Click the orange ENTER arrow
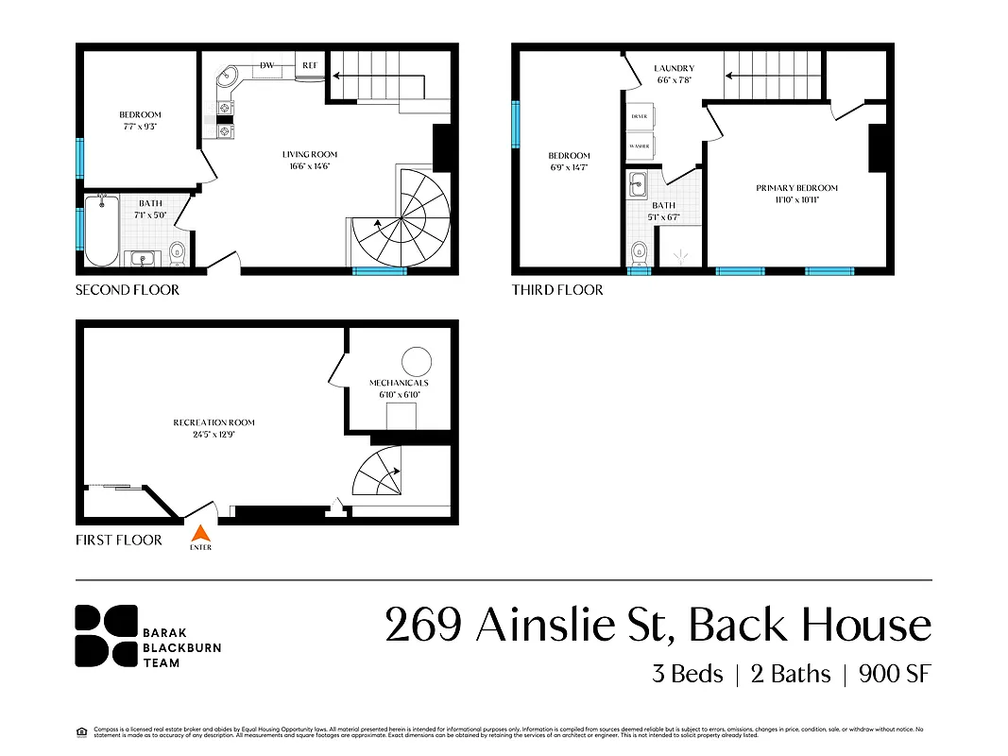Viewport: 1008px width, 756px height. pos(200,532)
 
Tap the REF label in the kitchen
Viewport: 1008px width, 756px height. pos(310,65)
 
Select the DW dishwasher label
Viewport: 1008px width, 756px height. pos(267,65)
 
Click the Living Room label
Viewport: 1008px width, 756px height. pos(309,160)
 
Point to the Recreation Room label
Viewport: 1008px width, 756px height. pos(214,427)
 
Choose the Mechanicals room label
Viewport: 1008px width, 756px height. pos(399,387)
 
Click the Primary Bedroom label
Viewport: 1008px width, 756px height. pos(796,193)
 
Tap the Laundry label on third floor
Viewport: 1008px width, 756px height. pos(674,74)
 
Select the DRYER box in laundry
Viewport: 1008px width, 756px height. pos(639,116)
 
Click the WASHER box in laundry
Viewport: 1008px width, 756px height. pos(639,146)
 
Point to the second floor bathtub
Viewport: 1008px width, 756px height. pos(100,230)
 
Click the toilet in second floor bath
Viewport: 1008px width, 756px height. pos(176,251)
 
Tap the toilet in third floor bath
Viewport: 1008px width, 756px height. pos(639,251)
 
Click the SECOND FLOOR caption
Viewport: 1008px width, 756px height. pos(128,290)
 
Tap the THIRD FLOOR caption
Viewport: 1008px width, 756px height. pos(557,290)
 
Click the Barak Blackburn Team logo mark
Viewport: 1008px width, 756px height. pos(107,635)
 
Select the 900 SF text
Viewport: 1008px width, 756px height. pos(895,674)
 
